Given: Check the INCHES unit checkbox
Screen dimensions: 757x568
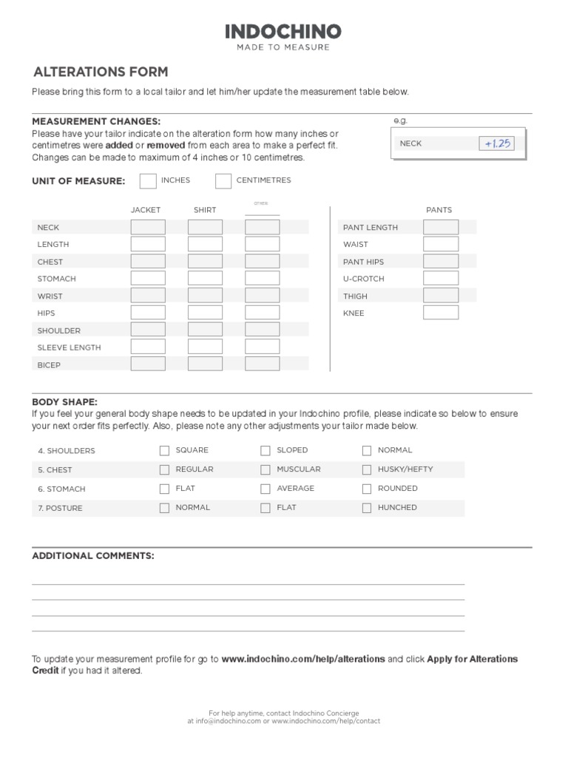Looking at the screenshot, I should click(x=148, y=180).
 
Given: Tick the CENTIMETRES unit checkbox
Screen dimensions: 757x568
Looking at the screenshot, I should click(x=223, y=180).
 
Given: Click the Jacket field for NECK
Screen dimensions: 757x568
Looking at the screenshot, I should click(x=148, y=227).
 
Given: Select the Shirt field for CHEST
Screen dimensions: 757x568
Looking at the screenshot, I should click(x=205, y=261).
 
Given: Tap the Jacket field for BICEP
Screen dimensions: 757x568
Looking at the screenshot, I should click(x=148, y=364).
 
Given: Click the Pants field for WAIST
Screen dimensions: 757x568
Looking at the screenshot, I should click(x=441, y=244).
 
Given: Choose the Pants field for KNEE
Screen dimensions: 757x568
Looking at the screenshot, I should click(x=441, y=313).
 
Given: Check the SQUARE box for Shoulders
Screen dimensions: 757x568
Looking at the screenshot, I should click(x=164, y=450).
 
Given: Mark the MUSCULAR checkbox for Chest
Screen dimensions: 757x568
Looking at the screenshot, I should click(x=266, y=469).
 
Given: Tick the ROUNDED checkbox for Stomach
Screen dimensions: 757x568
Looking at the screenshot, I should click(x=367, y=489).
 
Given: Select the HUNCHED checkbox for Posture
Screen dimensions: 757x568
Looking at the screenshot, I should click(x=367, y=508).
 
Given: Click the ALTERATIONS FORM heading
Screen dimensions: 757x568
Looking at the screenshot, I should click(x=101, y=72).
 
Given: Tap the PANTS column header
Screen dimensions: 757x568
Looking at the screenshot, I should click(x=439, y=210).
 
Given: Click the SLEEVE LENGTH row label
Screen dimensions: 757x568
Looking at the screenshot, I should click(x=70, y=347).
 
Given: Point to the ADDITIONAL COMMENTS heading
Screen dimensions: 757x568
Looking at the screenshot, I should click(x=93, y=556).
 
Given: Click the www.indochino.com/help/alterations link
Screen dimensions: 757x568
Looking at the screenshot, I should click(x=303, y=659).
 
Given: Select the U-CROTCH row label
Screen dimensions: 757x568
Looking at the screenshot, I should click(x=360, y=279).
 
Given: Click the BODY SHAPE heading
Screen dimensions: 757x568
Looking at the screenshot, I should click(x=64, y=401).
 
